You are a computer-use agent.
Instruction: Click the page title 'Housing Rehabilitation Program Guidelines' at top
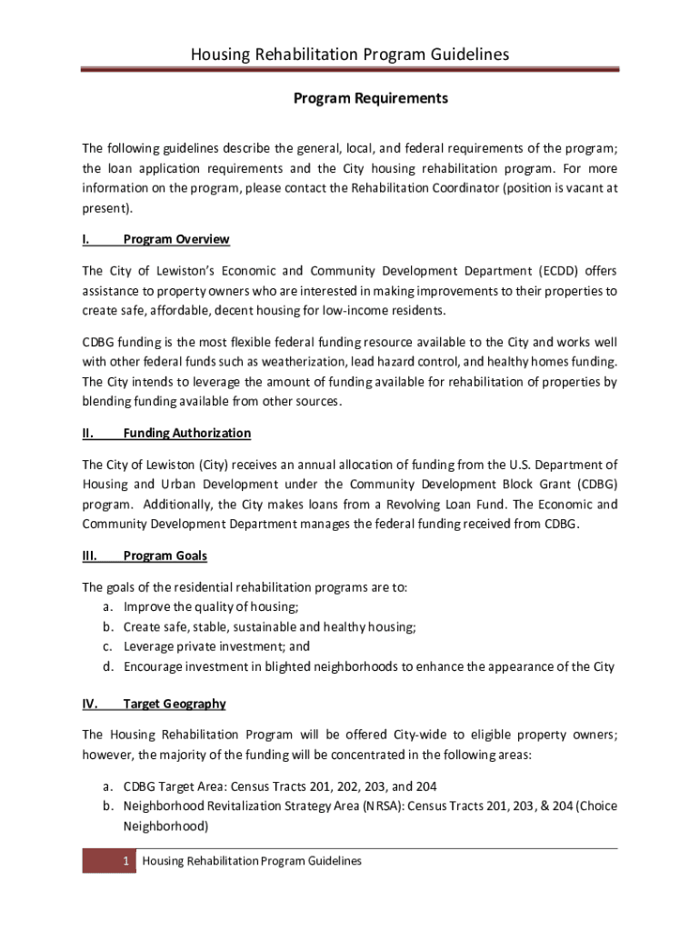(x=350, y=55)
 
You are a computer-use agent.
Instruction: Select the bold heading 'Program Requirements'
(x=370, y=98)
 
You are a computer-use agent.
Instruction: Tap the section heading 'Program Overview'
(x=176, y=239)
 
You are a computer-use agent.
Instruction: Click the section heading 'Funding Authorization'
(x=186, y=433)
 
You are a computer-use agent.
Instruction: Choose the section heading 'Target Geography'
(x=175, y=704)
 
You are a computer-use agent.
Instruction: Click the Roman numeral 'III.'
(x=91, y=556)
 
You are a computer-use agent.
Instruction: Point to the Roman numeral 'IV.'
(x=91, y=704)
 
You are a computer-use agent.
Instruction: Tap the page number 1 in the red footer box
(x=128, y=860)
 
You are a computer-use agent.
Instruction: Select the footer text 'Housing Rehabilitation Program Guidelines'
(x=252, y=860)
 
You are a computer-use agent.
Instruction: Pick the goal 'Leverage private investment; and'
(x=216, y=646)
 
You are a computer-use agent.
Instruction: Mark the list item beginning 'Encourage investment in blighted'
(x=368, y=666)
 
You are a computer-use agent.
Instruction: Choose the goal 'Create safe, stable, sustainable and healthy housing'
(x=269, y=626)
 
